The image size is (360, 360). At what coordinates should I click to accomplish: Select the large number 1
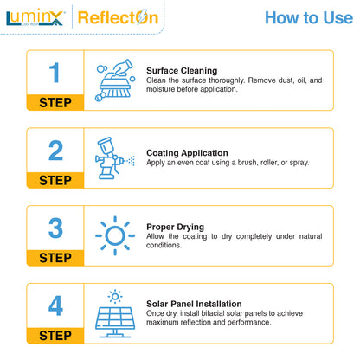coord(55,73)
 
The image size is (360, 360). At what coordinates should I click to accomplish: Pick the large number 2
coord(55,151)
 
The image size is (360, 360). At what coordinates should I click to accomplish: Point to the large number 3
coord(55,228)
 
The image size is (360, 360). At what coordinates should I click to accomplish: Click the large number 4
coord(55,306)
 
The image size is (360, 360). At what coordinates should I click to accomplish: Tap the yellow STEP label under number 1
coord(55,102)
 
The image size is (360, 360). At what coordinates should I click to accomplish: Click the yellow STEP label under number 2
coord(55,180)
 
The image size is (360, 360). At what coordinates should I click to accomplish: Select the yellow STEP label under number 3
coord(55,258)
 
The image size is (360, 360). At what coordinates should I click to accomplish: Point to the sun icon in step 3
coord(113,235)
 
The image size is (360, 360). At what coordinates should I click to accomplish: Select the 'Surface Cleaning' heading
coord(182,71)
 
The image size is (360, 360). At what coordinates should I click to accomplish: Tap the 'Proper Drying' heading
coord(176,227)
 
